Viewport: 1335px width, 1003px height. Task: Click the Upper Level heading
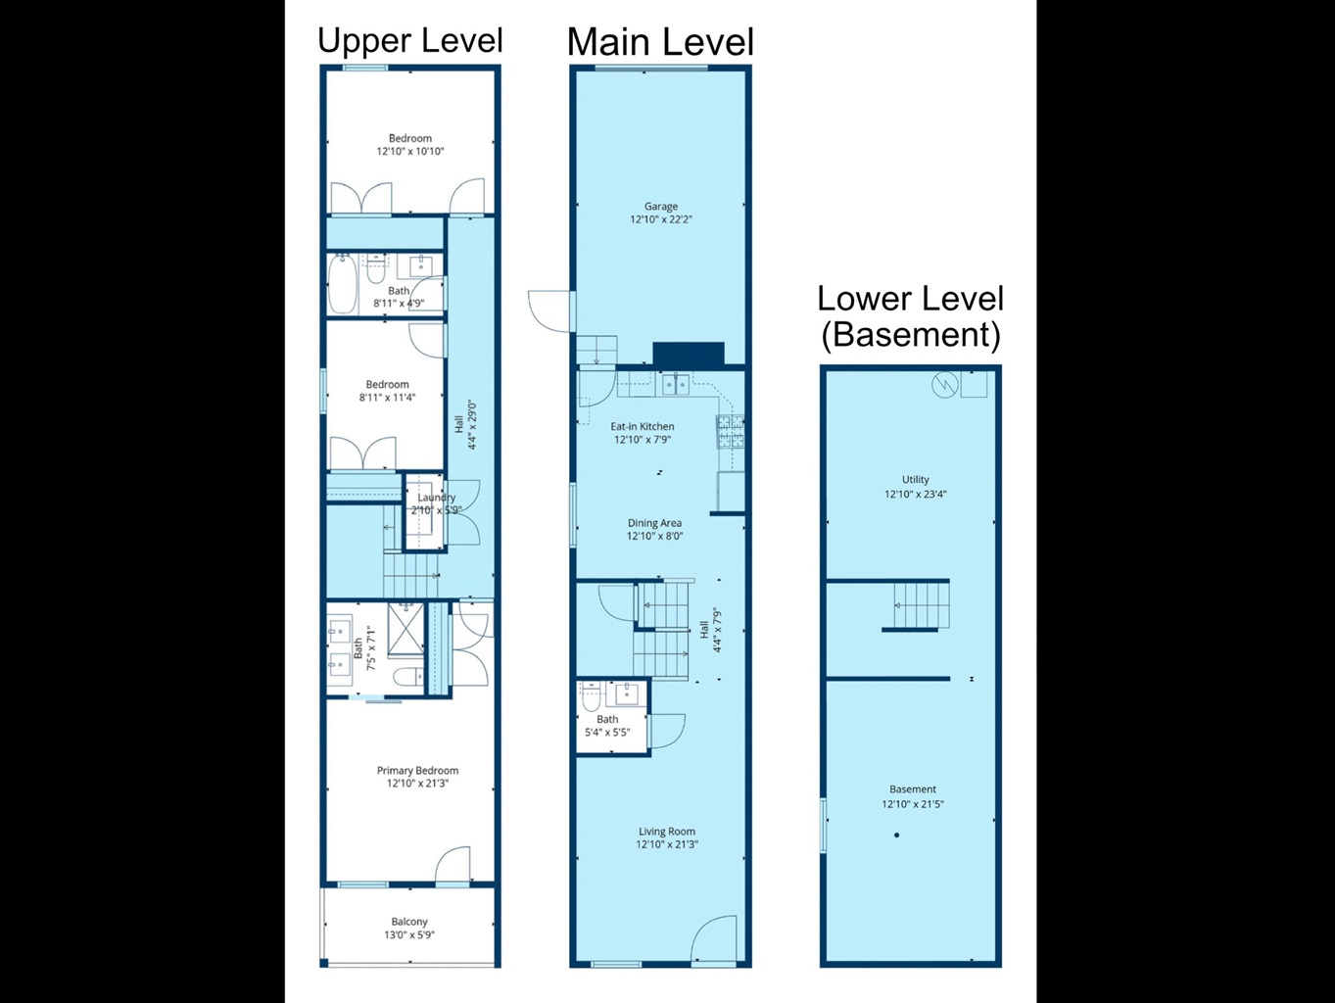pos(410,41)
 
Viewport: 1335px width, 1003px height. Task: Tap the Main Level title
pos(660,42)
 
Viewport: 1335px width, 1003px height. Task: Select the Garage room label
pos(661,207)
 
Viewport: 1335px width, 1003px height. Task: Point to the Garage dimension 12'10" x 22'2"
pos(661,219)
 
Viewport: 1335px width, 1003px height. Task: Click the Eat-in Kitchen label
pos(643,426)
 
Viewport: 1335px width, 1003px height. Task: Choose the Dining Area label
pos(654,523)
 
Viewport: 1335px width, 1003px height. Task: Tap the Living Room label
pos(667,832)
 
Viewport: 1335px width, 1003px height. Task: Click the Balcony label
pos(409,922)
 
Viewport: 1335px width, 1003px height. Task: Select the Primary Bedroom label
pos(417,771)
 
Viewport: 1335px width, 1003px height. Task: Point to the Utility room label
pos(916,479)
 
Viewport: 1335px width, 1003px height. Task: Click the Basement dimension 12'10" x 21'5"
pos(913,804)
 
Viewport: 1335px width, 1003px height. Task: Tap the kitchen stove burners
pos(731,431)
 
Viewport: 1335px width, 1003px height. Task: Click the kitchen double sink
pos(676,384)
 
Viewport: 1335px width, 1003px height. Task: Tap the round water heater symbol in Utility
pos(945,384)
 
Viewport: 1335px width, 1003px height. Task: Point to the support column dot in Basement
pos(896,836)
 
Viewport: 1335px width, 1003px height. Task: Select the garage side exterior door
pos(551,311)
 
